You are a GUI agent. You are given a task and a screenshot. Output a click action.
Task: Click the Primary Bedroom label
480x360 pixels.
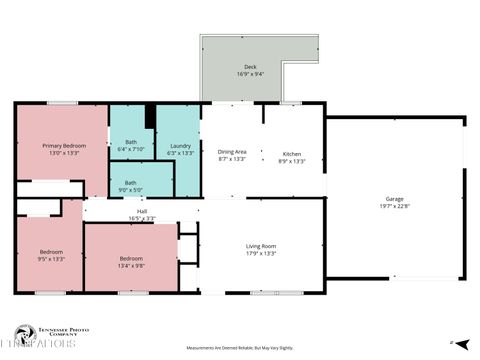63,145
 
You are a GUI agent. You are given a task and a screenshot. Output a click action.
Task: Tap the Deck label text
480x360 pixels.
250,66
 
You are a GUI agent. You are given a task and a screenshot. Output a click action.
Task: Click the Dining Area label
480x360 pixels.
232,152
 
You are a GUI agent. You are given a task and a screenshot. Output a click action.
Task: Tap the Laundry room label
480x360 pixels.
180,146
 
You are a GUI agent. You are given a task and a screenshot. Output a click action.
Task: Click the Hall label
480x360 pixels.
142,211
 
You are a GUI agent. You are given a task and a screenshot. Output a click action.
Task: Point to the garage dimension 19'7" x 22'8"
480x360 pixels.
395,207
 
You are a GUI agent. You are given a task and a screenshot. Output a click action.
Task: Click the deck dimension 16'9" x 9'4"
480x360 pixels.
250,74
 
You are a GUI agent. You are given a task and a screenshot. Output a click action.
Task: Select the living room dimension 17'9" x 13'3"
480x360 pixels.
261,253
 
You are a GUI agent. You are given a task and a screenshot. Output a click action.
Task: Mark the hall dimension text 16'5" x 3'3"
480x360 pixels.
142,218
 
